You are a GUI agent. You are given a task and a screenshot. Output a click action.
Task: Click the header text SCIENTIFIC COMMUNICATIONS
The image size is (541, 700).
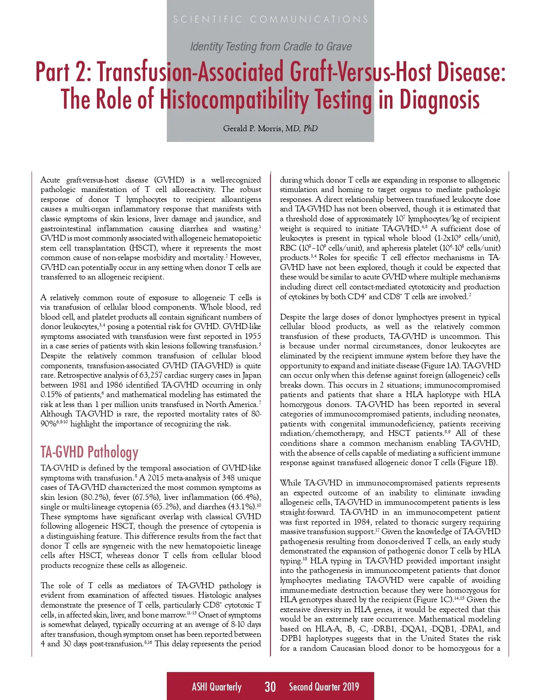click(270, 19)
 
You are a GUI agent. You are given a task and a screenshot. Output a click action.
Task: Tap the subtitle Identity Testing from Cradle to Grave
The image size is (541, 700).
click(270, 46)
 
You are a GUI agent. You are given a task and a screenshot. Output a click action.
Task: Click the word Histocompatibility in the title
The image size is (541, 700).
click(266, 99)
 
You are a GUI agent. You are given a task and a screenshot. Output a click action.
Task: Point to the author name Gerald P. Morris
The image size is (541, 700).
click(253, 128)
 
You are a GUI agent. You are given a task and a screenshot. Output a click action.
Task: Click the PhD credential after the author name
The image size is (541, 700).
click(310, 128)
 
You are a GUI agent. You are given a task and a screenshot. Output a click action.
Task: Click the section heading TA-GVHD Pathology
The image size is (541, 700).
click(89, 452)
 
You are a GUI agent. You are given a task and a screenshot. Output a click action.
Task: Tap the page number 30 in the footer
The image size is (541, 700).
click(270, 686)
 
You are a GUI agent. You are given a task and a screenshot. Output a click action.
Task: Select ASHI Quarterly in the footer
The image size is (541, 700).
click(216, 686)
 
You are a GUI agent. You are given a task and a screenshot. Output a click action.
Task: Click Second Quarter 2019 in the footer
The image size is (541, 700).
click(324, 686)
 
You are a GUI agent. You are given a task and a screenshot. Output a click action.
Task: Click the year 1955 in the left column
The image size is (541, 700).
click(251, 336)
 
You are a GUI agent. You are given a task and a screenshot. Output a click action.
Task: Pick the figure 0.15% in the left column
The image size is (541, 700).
click(51, 394)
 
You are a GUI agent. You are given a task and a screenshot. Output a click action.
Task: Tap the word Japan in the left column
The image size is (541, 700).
click(250, 375)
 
